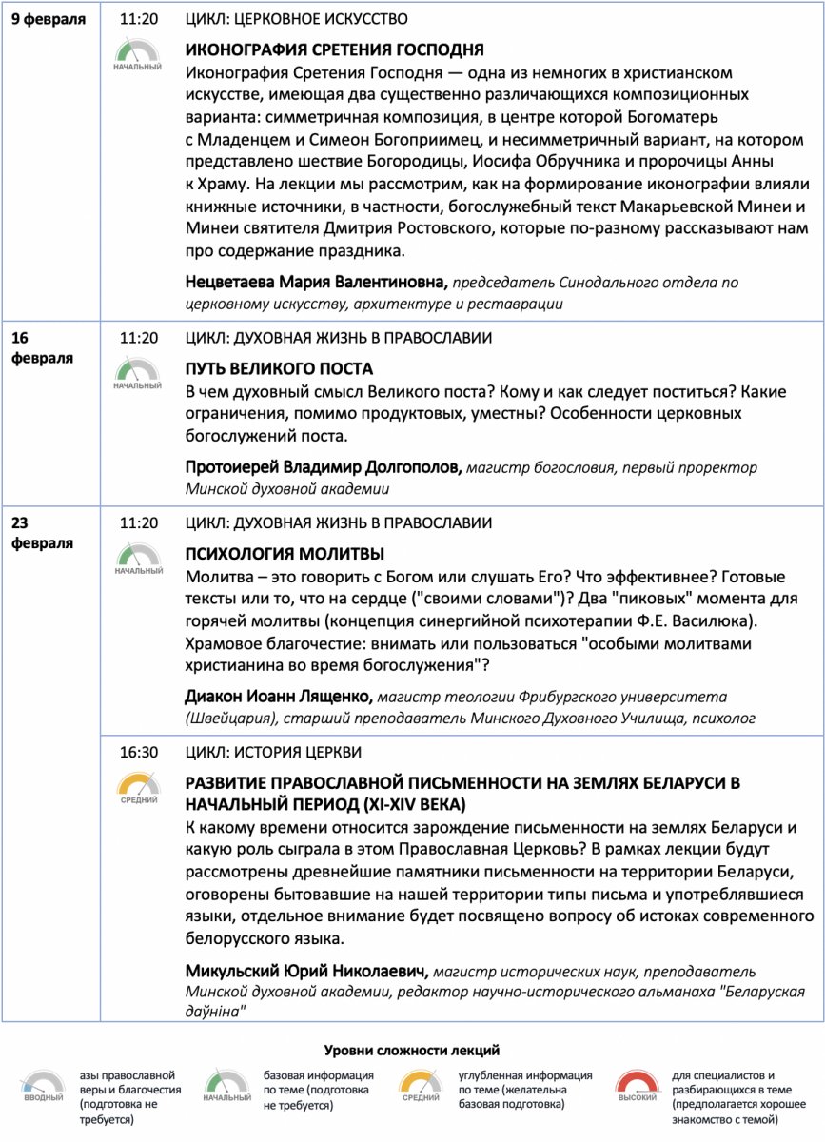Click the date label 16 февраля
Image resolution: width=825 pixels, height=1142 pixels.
[x=42, y=348]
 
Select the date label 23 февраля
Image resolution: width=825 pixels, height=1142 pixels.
[x=42, y=533]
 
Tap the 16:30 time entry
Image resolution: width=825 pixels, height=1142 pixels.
[x=138, y=752]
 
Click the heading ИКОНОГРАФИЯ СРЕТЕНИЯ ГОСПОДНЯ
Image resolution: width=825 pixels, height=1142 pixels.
[x=334, y=49]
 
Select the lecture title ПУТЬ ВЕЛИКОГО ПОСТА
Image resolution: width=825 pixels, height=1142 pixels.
[x=279, y=368]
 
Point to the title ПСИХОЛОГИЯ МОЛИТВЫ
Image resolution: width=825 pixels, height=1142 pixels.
[x=285, y=553]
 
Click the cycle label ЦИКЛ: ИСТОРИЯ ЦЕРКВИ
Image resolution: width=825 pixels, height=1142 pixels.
[x=273, y=752]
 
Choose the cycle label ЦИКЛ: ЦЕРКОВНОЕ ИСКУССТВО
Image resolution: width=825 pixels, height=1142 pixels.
[x=297, y=19]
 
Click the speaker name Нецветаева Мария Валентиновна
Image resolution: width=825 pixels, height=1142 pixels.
[x=316, y=282]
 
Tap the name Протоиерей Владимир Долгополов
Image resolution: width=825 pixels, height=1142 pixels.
[x=324, y=467]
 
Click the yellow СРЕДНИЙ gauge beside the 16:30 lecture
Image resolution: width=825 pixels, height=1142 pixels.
[x=138, y=789]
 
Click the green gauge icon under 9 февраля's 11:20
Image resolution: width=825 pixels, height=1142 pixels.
[x=138, y=53]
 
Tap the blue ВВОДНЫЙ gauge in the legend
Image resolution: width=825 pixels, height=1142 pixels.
[x=44, y=1086]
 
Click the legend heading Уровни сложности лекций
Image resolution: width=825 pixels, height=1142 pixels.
[x=412, y=1051]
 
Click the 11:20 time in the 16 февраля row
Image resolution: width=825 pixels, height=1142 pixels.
[x=138, y=338]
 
